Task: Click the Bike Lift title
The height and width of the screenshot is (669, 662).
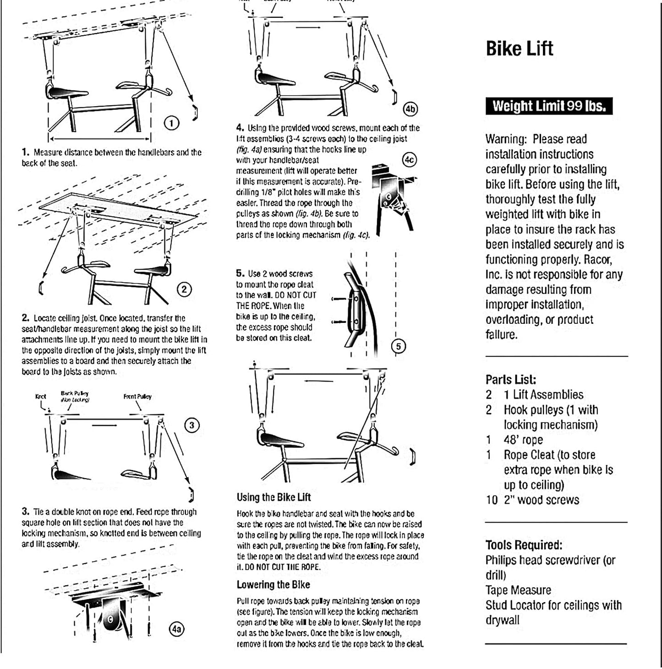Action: tap(519, 49)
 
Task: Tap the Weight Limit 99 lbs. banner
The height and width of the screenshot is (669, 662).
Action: tap(549, 106)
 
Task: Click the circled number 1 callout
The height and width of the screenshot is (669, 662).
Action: tap(171, 123)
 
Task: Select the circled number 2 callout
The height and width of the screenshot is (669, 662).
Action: tap(184, 289)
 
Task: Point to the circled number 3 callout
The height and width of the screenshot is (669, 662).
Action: tap(191, 425)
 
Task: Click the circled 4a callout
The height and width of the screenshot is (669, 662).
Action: tap(176, 629)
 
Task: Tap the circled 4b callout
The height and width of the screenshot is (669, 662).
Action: tap(410, 109)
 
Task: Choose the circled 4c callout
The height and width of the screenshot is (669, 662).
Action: tap(409, 159)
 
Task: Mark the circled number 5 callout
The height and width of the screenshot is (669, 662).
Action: tap(398, 346)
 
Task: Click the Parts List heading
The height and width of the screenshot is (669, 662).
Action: tap(510, 380)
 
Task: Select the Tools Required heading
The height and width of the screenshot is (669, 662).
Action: tap(524, 545)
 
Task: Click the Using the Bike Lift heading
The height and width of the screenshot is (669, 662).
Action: tap(274, 497)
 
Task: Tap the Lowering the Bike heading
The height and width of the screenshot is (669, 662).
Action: tap(273, 585)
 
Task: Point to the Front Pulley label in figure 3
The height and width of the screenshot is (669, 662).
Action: tap(137, 397)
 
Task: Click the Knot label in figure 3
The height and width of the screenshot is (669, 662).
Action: tap(40, 397)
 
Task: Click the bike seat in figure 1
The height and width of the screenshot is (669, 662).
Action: tap(67, 92)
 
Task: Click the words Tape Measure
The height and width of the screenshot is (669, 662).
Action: tap(518, 590)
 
